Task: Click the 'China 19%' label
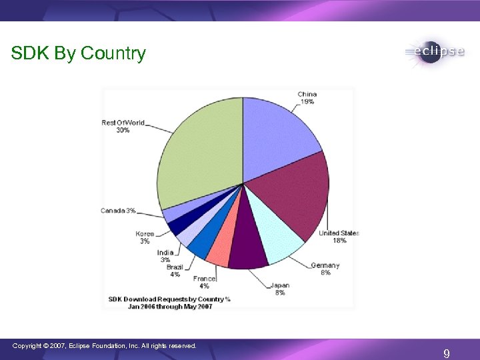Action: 307,98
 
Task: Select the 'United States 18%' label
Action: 339,237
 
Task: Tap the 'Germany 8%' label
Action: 325,269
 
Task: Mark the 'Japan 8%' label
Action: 279,289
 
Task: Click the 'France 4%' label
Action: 204,282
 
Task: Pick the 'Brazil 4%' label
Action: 174,271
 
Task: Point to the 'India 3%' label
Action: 165,256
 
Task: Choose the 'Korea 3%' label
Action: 145,237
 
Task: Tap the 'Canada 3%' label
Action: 118,211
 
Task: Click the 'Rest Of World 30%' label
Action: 123,126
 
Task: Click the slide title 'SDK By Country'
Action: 78,53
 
